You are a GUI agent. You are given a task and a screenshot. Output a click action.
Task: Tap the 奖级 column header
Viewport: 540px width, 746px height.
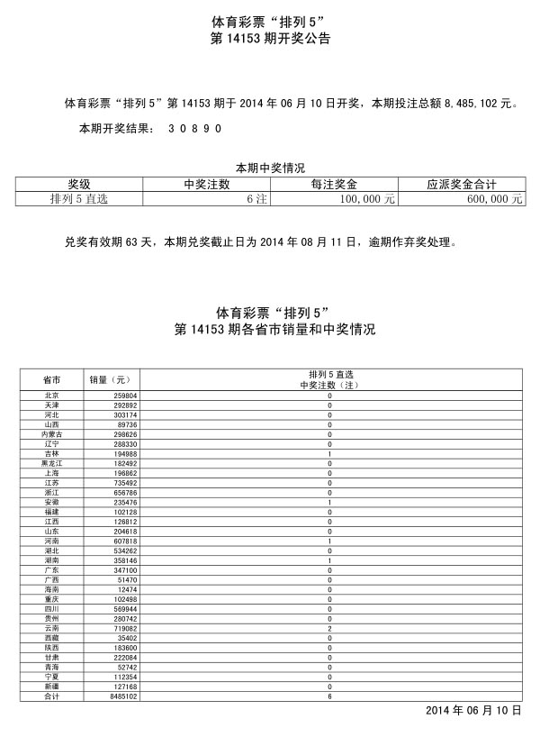(x=78, y=185)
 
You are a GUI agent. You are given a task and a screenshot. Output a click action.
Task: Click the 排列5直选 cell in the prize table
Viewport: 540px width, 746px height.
(x=78, y=199)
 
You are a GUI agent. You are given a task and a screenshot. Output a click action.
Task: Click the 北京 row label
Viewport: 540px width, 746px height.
(x=52, y=396)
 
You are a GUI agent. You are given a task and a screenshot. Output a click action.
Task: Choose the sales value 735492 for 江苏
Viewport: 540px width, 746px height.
(x=124, y=483)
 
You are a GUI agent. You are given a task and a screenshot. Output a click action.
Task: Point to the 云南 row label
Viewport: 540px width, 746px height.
(x=52, y=629)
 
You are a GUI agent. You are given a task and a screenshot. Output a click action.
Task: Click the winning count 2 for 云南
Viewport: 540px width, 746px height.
(x=329, y=629)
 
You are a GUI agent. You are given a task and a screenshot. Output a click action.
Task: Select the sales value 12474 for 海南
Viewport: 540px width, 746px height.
(x=126, y=590)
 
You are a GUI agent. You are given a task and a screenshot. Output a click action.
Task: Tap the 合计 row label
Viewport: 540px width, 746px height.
(x=52, y=697)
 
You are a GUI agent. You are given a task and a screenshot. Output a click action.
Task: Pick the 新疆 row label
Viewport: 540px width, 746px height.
(x=52, y=687)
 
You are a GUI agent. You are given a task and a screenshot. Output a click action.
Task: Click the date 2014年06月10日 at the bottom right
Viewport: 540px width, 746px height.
(x=473, y=711)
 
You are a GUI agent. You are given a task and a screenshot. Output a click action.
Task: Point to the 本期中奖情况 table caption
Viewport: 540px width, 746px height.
(x=270, y=168)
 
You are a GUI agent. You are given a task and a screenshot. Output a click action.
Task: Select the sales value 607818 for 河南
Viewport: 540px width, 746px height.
(x=124, y=541)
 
